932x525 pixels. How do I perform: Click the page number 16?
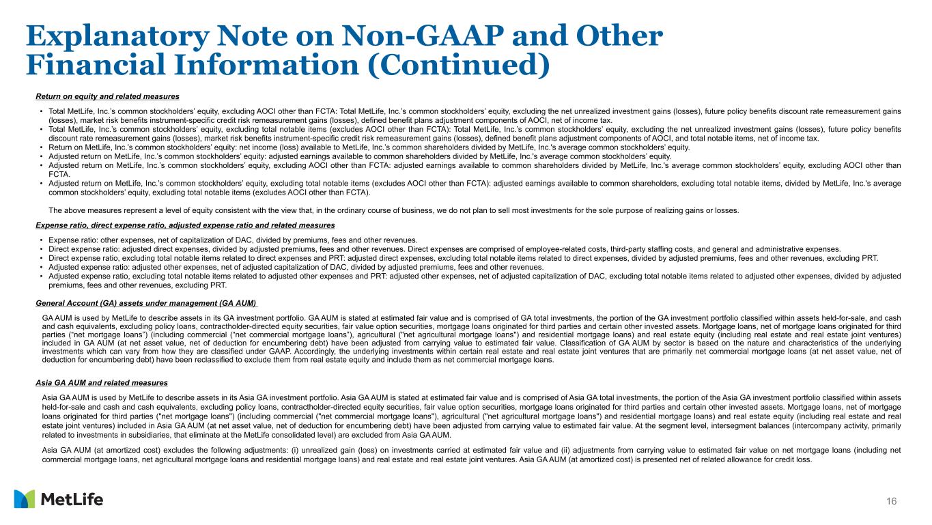pyautogui.click(x=891, y=502)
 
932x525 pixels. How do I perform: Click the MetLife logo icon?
pyautogui.click(x=25, y=499)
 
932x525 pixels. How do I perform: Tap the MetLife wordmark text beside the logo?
pyautogui.click(x=72, y=500)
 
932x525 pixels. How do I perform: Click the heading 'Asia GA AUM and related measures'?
pyautogui.click(x=101, y=382)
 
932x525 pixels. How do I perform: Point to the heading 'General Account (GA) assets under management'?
pyautogui.click(x=145, y=303)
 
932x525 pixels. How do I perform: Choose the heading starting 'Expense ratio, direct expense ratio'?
pyautogui.click(x=184, y=225)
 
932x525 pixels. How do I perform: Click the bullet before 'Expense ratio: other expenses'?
pyautogui.click(x=42, y=240)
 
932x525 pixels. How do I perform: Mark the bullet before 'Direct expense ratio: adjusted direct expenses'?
pyautogui.click(x=42, y=249)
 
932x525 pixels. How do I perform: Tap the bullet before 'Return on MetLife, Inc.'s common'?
pyautogui.click(x=42, y=147)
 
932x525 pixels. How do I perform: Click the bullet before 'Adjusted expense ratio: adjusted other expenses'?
pyautogui.click(x=42, y=267)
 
